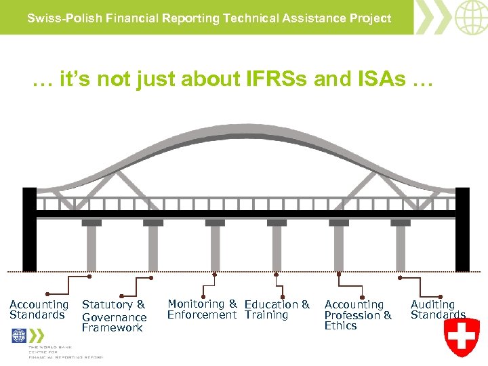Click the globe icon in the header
[x=471, y=17]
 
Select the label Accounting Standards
[x=39, y=310]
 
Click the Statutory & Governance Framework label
[x=114, y=317]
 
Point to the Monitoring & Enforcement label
[x=202, y=309]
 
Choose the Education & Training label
[x=277, y=310]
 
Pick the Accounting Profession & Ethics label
[x=358, y=315]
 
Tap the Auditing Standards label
[x=438, y=310]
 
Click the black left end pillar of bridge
[x=29, y=229]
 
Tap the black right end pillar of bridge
[x=462, y=229]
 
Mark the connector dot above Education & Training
[x=277, y=275]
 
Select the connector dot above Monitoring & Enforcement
[x=215, y=275]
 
